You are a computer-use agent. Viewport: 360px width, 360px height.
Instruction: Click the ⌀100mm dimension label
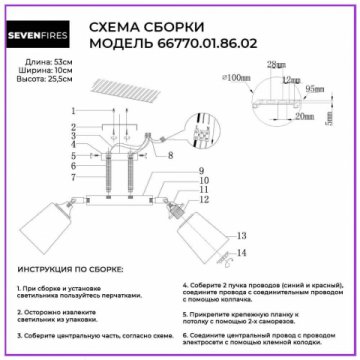[239, 76]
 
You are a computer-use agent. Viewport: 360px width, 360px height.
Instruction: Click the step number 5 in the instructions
[186, 313]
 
